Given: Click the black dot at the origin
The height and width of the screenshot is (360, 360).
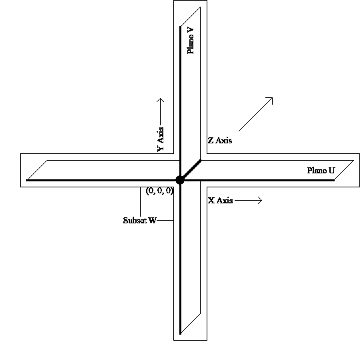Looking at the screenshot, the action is pos(180,180).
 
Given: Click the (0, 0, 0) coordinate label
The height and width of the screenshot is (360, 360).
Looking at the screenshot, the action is pos(159,191).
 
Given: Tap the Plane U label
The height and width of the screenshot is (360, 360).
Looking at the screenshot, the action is pos(321,171).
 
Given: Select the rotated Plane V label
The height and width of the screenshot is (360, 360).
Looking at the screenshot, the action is pos(191,41).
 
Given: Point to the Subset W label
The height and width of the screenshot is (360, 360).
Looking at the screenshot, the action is pos(139,221).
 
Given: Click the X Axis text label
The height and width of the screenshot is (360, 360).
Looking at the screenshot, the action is pos(221,201).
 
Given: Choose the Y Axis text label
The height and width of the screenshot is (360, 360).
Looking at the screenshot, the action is pos(161,139).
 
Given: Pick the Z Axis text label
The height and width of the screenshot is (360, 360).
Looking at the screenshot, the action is pos(220,141).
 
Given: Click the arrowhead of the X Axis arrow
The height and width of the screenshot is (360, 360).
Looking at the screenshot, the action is pos(262,200).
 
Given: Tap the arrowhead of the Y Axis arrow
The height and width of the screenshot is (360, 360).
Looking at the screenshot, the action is pos(160,99).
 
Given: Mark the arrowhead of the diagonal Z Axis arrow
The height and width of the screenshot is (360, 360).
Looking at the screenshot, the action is pos(272,97).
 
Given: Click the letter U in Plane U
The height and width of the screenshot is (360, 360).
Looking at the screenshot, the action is pos(332,171).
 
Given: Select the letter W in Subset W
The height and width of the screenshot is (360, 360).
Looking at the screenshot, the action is pos(153,221).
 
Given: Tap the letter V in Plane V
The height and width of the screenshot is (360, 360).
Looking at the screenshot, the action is pos(191,31).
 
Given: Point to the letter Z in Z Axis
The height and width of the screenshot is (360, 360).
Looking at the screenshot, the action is pos(211,141).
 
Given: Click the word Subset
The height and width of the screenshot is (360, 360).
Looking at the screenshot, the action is pos(135,221).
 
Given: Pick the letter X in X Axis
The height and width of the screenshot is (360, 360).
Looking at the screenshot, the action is pos(211,201).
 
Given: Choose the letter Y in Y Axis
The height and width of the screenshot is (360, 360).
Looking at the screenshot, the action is pos(161,148).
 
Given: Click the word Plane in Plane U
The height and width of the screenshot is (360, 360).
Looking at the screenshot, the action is pos(317,171).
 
